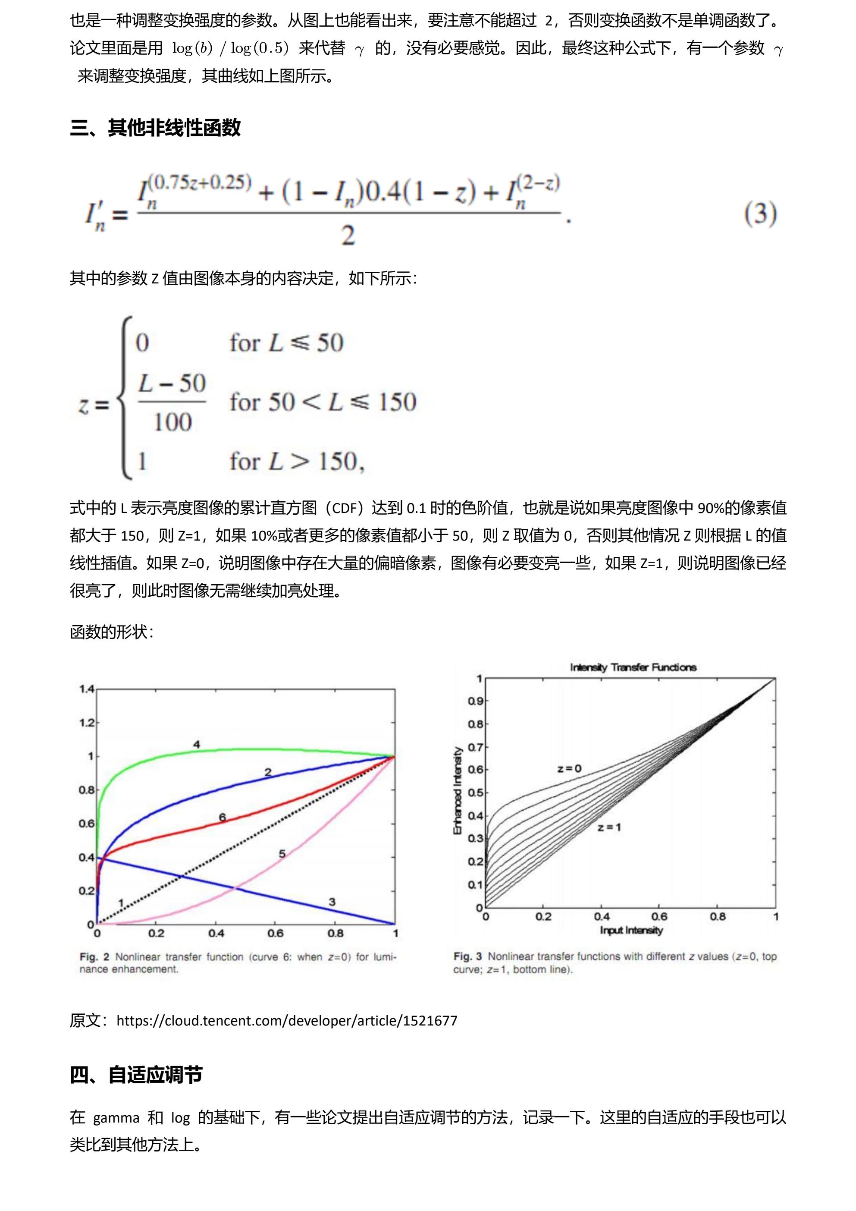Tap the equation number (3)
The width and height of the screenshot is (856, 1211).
[760, 214]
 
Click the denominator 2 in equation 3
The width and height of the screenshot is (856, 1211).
[348, 235]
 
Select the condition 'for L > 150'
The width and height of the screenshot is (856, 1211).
[296, 462]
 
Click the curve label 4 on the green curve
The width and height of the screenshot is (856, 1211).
[197, 745]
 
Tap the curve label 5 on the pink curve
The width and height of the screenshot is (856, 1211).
[282, 853]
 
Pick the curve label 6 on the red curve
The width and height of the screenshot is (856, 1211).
[223, 818]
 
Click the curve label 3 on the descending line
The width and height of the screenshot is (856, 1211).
[332, 902]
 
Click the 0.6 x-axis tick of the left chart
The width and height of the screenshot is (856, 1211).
[276, 934]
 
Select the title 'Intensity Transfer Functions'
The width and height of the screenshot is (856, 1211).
[633, 667]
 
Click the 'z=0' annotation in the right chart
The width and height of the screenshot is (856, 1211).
[569, 768]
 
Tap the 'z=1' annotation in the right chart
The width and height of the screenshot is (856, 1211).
[609, 827]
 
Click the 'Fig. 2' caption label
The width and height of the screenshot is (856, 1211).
[94, 957]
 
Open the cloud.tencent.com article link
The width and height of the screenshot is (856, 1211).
[287, 1021]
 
